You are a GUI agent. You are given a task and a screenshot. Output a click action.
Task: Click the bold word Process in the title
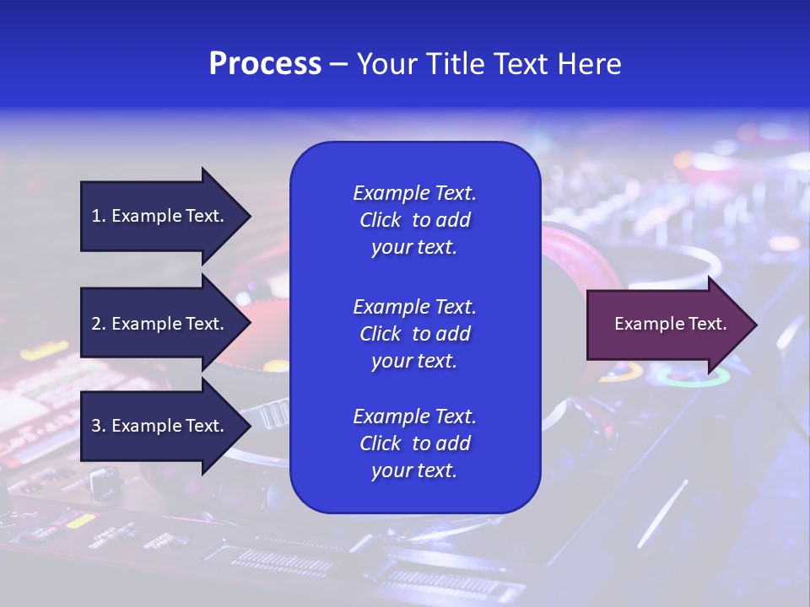click(265, 64)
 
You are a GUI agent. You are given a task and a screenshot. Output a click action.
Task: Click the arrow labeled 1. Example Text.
click(160, 216)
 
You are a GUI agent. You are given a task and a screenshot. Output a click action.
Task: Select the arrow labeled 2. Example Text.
click(160, 324)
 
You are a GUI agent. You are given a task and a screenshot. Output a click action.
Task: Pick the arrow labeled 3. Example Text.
click(160, 426)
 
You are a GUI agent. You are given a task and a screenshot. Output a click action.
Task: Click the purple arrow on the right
click(667, 325)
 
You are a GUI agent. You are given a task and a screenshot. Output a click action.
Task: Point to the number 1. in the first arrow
click(99, 216)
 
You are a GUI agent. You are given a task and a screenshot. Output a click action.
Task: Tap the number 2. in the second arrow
click(99, 324)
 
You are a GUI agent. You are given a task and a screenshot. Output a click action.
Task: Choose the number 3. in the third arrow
click(99, 426)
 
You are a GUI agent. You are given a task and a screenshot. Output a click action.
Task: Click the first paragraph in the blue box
click(414, 220)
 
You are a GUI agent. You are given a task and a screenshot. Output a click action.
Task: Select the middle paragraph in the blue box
click(414, 334)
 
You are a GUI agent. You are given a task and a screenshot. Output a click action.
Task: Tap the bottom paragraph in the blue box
click(414, 443)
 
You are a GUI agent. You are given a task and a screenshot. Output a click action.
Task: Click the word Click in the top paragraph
click(380, 220)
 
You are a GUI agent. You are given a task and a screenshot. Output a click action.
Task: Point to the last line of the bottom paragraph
click(414, 471)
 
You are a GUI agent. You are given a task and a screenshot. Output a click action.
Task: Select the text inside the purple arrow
click(670, 324)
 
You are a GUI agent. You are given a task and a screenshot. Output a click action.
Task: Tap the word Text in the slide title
click(519, 64)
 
